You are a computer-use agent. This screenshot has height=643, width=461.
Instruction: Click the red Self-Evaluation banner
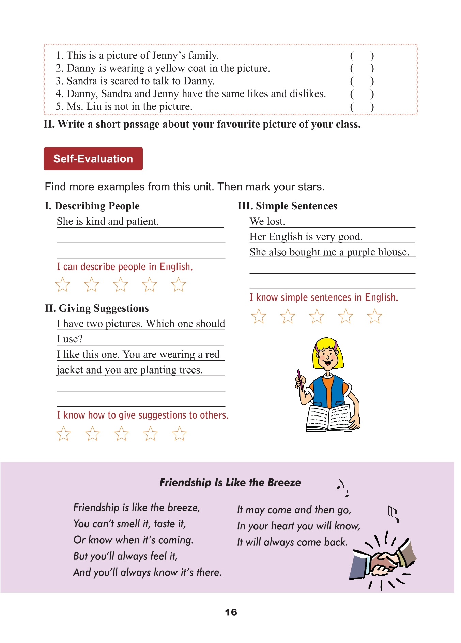(x=93, y=159)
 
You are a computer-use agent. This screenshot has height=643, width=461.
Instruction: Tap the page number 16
(x=231, y=612)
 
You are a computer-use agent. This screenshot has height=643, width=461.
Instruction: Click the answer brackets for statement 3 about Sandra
(x=362, y=81)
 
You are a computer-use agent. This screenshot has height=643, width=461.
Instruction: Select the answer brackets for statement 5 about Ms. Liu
(x=362, y=107)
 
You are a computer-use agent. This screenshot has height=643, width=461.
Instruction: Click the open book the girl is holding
(x=328, y=418)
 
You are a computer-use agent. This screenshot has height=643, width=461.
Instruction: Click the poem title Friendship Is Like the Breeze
(x=230, y=482)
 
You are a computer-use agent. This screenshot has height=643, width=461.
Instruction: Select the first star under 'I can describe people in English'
(x=63, y=284)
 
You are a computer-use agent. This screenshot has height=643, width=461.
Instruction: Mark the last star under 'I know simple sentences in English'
(x=374, y=316)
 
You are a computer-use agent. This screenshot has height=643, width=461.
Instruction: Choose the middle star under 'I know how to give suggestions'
(x=121, y=434)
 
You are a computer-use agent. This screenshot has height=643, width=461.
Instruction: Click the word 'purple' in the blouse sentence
(x=361, y=252)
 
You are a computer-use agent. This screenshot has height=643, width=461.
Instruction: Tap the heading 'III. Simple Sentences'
(x=287, y=206)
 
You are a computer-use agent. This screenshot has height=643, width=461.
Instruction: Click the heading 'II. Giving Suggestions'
(x=97, y=308)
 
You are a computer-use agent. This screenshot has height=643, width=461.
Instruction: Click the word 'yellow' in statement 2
(x=170, y=68)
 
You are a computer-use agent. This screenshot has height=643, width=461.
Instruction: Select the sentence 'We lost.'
(x=267, y=221)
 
